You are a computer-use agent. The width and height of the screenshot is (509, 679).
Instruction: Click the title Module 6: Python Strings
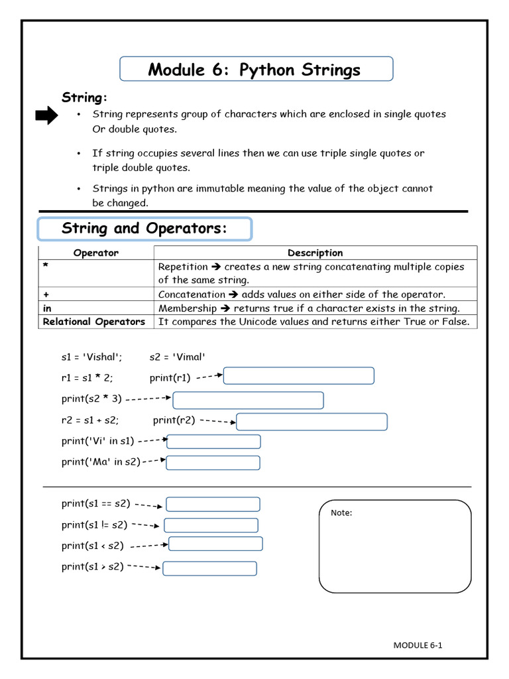pos(254,70)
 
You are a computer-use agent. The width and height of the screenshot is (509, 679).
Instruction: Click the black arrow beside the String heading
pos(46,117)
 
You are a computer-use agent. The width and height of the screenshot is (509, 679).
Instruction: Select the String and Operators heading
pos(144,229)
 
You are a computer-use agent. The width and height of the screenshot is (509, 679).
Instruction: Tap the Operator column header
pos(96,253)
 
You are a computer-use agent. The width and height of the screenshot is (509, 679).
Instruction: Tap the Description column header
pos(315,253)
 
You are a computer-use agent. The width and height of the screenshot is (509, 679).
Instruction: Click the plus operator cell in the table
pos(96,294)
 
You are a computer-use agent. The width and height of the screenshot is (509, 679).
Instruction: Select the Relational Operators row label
pos(93,322)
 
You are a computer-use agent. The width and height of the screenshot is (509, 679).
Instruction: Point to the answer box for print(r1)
pos(299,376)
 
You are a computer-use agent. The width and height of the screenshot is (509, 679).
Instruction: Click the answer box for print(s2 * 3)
pos(248,401)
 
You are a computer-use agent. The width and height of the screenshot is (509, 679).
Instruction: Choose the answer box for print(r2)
pos(311,422)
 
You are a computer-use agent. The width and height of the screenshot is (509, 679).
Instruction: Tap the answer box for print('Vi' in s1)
pos(213,442)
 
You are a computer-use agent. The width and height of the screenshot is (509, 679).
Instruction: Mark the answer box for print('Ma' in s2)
pos(213,463)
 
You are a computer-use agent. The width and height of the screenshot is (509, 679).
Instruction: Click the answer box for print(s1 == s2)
pos(213,505)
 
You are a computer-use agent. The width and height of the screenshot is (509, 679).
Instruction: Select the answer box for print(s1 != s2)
pos(211,526)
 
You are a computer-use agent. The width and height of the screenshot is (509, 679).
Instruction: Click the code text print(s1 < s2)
pos(92,546)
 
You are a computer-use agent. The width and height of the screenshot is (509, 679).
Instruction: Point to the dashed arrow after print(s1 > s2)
pos(144,567)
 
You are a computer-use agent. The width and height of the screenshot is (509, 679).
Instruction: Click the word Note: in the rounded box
pos(341,513)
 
